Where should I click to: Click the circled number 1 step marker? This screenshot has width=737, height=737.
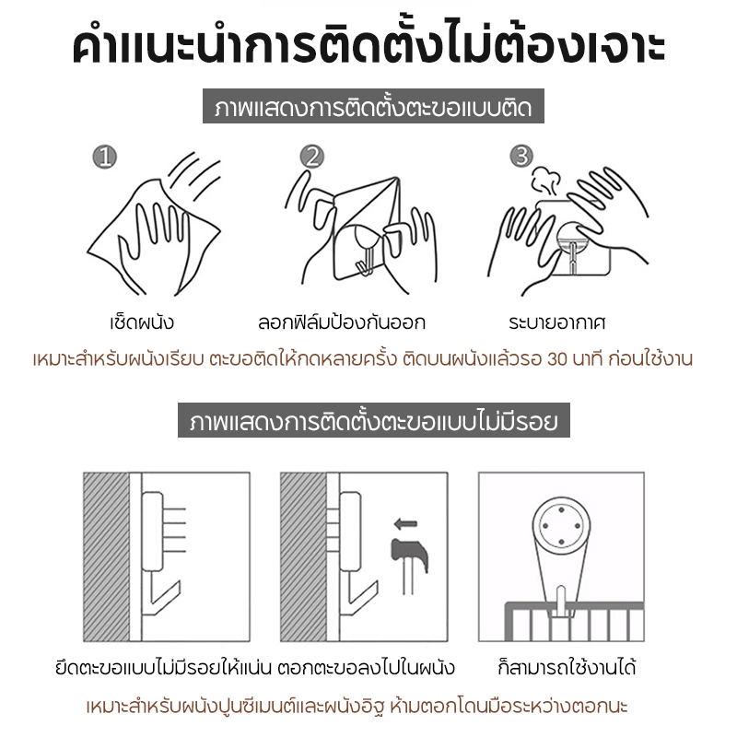tap(104, 157)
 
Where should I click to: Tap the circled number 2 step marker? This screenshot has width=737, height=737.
tap(312, 157)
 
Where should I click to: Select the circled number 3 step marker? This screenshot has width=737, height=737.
tap(521, 156)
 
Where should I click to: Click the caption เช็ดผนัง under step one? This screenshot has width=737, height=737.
tap(142, 322)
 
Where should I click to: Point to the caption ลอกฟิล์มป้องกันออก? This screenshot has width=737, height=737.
tap(342, 322)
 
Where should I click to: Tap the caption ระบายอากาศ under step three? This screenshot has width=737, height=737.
tap(557, 322)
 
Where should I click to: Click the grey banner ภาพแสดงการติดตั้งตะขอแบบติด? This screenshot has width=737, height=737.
tap(373, 106)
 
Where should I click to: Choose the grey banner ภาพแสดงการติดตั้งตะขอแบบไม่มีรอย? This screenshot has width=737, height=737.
tap(374, 420)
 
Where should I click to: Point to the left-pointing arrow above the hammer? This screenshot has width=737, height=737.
tap(405, 523)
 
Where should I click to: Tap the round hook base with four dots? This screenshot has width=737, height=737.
tap(561, 525)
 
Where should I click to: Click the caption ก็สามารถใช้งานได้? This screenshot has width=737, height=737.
tap(567, 667)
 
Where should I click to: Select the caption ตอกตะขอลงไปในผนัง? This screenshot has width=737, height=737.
tap(366, 667)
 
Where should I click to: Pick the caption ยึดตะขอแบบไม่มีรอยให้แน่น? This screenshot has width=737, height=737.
tap(164, 667)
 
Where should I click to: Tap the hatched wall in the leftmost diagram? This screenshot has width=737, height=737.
tap(106, 557)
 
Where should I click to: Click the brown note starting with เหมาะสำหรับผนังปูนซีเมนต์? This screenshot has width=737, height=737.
tap(357, 706)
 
